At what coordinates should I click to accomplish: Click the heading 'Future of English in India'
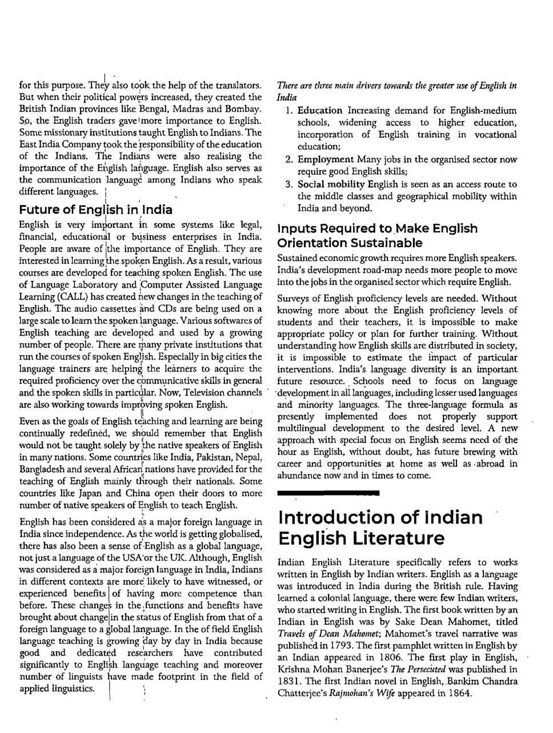[95, 209]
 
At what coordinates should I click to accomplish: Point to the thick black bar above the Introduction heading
[328, 492]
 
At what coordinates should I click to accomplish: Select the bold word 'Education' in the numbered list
[320, 110]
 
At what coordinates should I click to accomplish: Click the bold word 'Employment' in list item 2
[326, 160]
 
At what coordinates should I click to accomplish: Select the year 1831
[289, 681]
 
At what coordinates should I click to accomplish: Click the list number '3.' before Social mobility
[289, 184]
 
